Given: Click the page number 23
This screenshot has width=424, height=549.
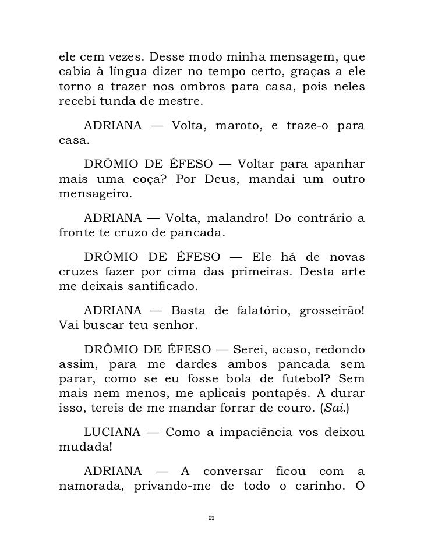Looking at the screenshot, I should click(211, 518).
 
